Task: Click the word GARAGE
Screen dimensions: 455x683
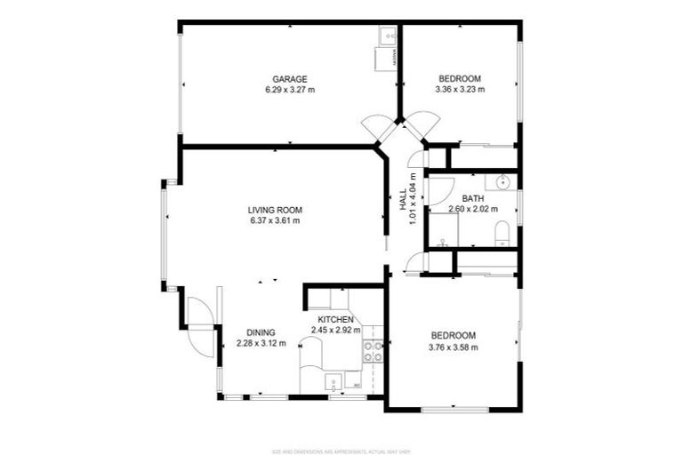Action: click(290, 78)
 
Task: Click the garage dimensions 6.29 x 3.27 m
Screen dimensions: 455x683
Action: click(290, 89)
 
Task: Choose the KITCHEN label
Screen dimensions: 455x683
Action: click(336, 319)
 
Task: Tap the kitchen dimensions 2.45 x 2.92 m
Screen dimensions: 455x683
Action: click(335, 330)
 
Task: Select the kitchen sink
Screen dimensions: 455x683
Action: click(333, 383)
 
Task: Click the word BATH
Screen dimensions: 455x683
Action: click(472, 198)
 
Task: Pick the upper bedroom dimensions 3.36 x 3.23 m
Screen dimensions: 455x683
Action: click(459, 89)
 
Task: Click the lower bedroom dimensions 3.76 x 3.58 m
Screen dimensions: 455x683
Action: click(454, 347)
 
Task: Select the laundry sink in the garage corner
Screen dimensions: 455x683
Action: click(386, 36)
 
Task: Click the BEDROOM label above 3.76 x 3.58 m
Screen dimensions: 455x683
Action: click(454, 335)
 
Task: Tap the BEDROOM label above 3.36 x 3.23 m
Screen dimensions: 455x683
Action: click(460, 78)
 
